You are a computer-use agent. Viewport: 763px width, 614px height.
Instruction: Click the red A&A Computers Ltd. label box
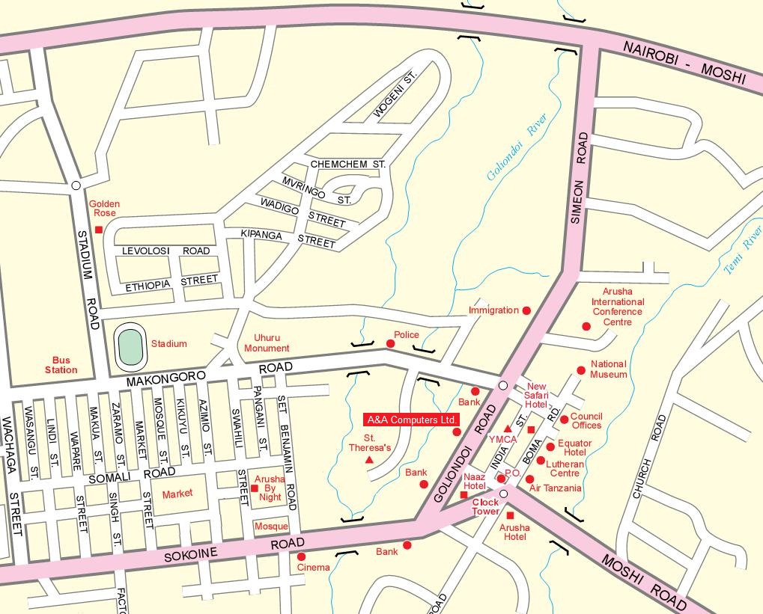[x=412, y=420]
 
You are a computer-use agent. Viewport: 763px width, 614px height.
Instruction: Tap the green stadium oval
[x=130, y=348]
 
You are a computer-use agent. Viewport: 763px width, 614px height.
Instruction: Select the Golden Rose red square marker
[x=98, y=230]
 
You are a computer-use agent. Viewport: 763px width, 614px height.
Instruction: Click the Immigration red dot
[x=526, y=310]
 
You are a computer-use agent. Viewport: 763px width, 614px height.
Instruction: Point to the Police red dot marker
[x=390, y=343]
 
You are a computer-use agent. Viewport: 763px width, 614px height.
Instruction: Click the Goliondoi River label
[x=517, y=147]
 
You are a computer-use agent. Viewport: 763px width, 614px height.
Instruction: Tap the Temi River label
[x=742, y=248]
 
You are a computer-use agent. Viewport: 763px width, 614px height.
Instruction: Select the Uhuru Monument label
[x=267, y=343]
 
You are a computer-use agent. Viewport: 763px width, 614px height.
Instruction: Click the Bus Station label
[x=61, y=365]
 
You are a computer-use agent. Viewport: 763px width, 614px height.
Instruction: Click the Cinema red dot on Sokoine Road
[x=301, y=556]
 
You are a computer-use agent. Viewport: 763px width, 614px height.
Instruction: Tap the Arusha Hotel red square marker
[x=510, y=516]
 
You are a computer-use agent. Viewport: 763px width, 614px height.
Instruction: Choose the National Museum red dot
[x=580, y=370]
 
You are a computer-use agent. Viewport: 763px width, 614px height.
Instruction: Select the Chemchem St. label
[x=347, y=164]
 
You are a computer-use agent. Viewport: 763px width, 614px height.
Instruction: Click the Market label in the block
[x=177, y=493]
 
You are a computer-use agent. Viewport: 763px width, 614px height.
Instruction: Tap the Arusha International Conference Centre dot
[x=586, y=326]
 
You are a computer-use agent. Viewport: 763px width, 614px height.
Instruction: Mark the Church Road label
[x=648, y=457]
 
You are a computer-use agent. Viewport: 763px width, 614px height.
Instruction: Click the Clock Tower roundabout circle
[x=503, y=494]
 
